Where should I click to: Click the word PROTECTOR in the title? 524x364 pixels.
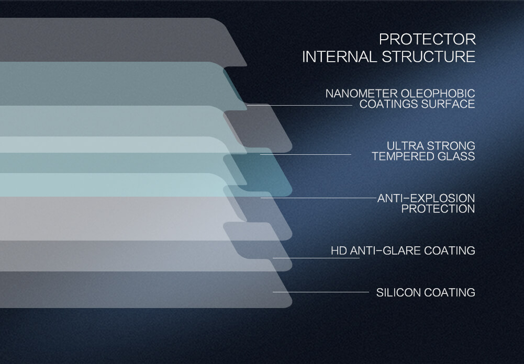427,39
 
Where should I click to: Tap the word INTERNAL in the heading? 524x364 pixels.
340,57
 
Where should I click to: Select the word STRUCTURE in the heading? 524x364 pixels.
428,57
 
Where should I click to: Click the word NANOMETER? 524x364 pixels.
362,94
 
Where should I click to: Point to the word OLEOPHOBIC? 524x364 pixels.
438,94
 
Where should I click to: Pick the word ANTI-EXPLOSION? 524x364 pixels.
426,198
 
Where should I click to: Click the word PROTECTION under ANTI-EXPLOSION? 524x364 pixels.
438,209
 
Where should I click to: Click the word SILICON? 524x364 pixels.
398,292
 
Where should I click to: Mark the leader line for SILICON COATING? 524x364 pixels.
321,292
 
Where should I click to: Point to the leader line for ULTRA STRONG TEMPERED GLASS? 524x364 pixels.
306,154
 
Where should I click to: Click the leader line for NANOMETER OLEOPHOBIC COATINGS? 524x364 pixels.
299,105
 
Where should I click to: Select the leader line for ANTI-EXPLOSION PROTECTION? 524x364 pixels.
318,198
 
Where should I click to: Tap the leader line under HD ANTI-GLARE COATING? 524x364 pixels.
316,258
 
